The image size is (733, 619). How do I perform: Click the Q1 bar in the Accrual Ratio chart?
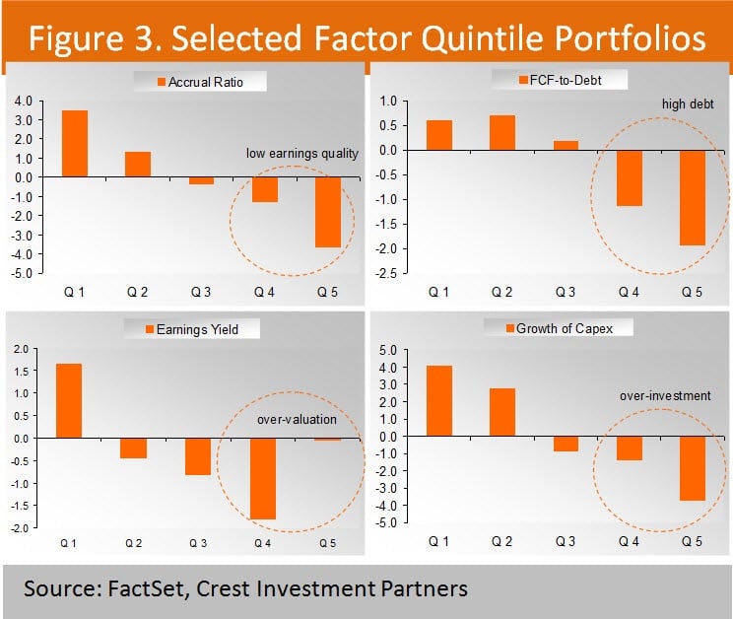[x=75, y=144]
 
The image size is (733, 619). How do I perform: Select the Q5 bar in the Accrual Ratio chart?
[x=329, y=212]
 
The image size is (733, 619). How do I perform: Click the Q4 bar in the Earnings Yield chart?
[x=262, y=478]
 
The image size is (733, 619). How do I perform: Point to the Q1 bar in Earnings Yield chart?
[x=68, y=401]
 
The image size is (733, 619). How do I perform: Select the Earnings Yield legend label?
[x=209, y=329]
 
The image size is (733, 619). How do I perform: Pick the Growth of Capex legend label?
[x=565, y=328]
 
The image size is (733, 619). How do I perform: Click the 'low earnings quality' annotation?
[x=302, y=153]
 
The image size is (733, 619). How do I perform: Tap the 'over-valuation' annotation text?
[x=297, y=419]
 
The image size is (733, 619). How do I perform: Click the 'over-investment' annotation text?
[x=665, y=395]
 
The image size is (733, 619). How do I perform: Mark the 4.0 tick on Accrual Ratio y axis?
[x=22, y=101]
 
